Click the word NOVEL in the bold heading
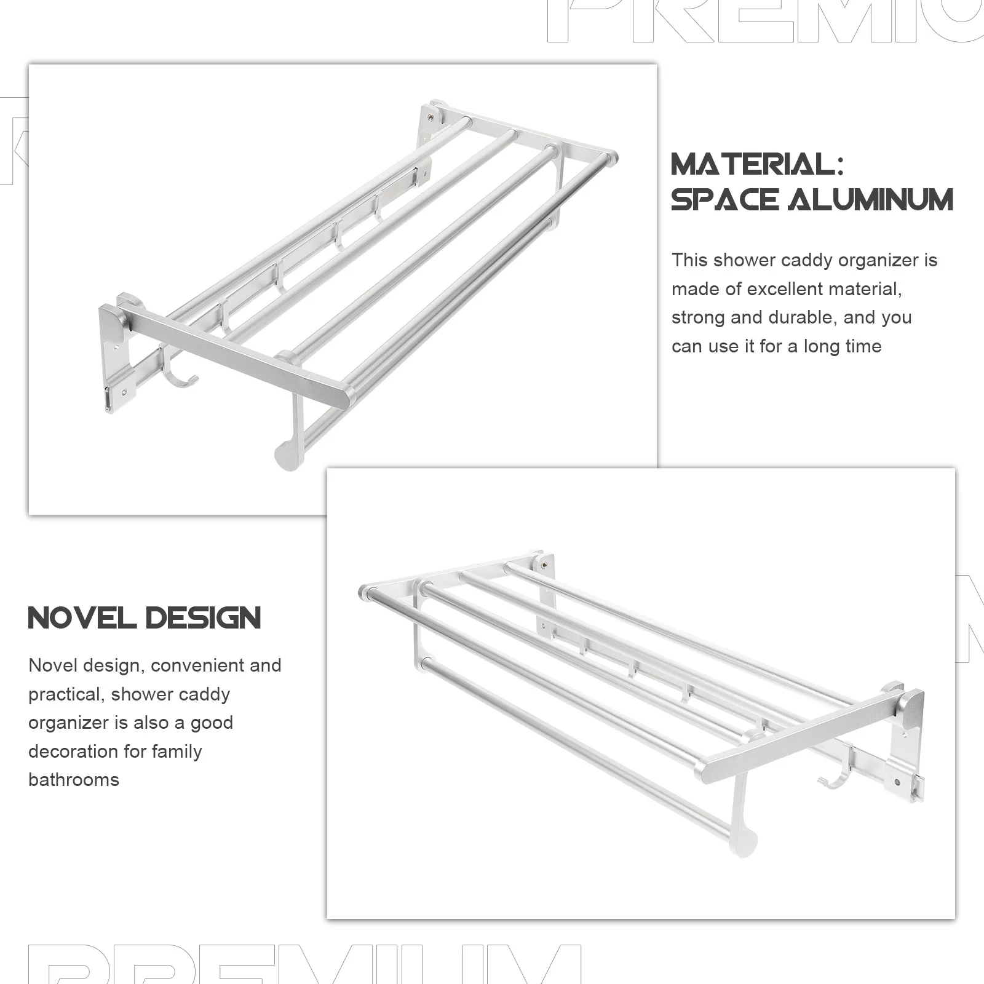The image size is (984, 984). (x=82, y=618)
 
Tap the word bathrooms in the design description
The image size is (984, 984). (x=74, y=780)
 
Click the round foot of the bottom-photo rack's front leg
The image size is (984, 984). (x=744, y=843)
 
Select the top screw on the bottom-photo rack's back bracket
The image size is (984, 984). (x=544, y=562)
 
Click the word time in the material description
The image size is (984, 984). (x=863, y=346)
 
